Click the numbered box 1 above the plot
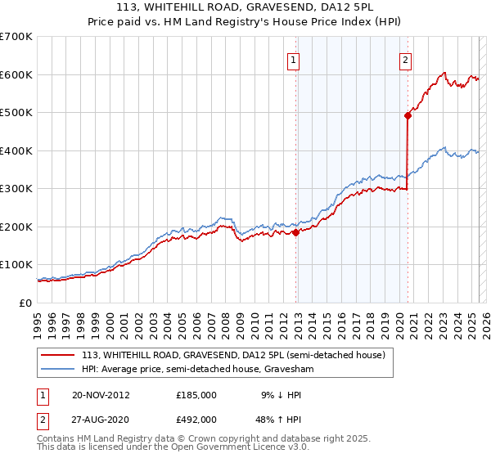tap(293, 58)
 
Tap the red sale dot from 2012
tap(295, 232)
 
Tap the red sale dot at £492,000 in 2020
tap(408, 115)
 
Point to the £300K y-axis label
tap(16, 189)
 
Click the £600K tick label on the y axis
tap(16, 74)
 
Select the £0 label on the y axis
tap(24, 303)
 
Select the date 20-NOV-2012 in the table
tap(101, 395)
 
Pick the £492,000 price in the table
tap(196, 420)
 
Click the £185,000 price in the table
tap(196, 395)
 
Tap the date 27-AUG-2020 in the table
tap(101, 420)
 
